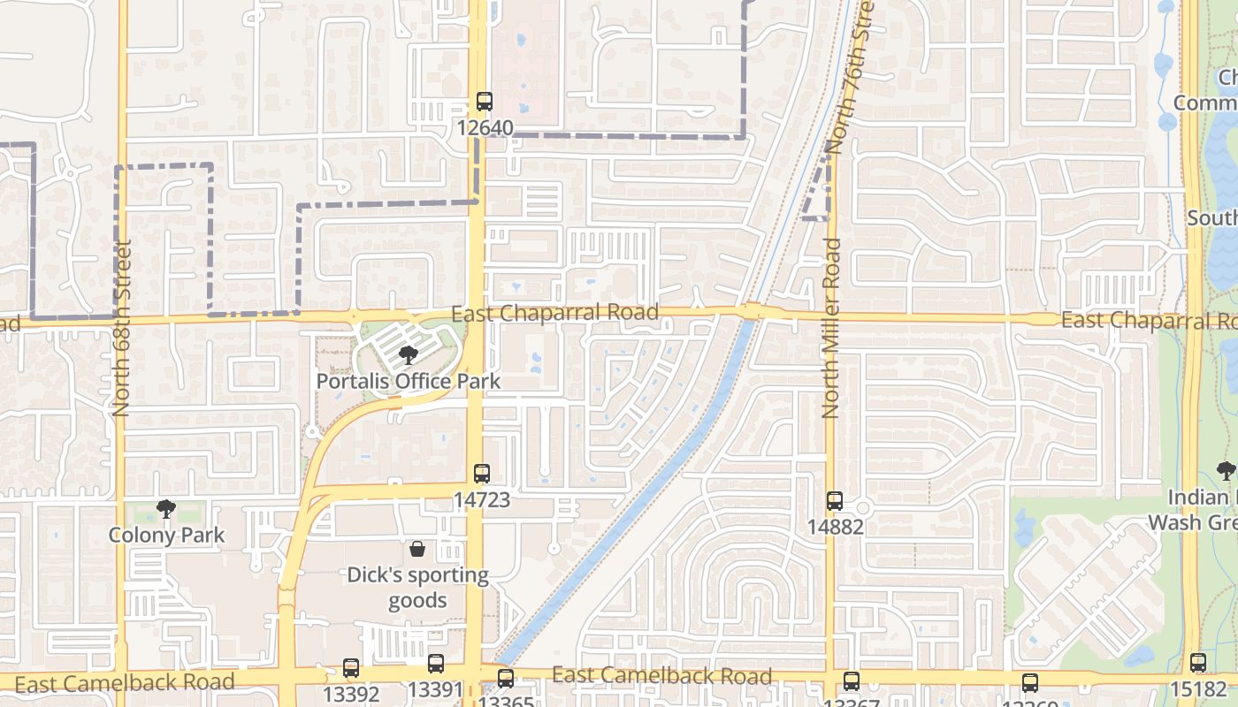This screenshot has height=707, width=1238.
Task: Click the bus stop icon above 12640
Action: click(x=484, y=102)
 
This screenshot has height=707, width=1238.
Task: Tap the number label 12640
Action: click(x=485, y=128)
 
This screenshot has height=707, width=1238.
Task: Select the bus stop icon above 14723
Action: click(x=481, y=474)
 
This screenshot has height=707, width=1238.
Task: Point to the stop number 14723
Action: click(x=482, y=500)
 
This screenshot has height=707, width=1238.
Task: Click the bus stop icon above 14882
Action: click(x=835, y=501)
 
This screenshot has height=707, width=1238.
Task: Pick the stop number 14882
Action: click(x=835, y=528)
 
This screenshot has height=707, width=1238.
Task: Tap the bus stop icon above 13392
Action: click(x=351, y=668)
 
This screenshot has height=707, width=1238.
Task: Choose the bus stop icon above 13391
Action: click(x=435, y=664)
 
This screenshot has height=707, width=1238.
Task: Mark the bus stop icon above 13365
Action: click(x=505, y=679)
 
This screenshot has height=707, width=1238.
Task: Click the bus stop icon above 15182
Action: click(x=1197, y=663)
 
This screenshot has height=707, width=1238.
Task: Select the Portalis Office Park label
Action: click(x=409, y=382)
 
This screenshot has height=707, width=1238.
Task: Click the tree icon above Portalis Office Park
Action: click(x=408, y=356)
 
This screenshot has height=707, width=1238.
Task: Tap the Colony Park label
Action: click(x=166, y=536)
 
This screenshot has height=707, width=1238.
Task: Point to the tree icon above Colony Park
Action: click(x=165, y=509)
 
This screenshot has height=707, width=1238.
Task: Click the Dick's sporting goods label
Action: click(x=417, y=588)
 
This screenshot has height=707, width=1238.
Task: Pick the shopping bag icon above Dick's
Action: click(x=417, y=550)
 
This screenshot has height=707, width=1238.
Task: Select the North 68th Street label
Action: click(x=122, y=327)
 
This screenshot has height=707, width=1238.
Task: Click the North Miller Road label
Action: click(x=830, y=327)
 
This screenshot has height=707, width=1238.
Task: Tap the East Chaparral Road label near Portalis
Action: click(x=554, y=313)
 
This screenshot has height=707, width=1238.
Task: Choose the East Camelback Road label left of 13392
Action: click(x=125, y=682)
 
